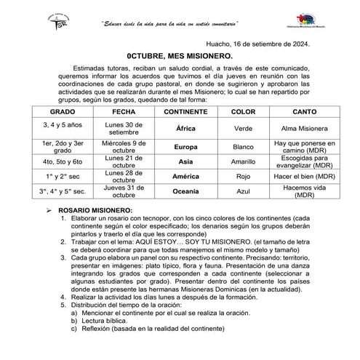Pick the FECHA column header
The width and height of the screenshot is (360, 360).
coord(120,113)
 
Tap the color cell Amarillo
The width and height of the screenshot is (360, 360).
coord(243,161)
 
